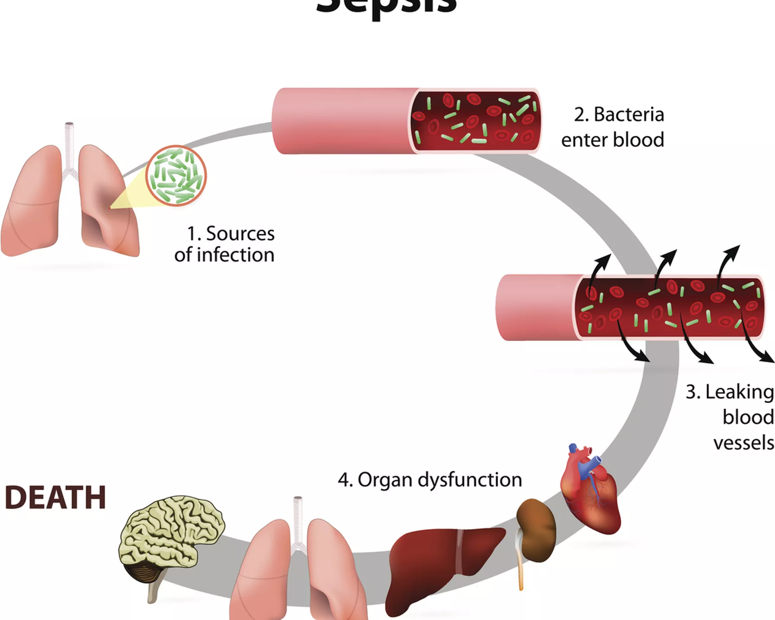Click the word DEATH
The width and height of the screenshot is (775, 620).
55,497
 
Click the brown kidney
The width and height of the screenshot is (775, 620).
537,530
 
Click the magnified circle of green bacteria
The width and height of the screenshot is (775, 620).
176,176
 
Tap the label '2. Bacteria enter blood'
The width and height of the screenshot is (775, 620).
613,127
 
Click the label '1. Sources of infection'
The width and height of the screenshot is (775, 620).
225,244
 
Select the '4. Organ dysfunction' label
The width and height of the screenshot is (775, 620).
430,480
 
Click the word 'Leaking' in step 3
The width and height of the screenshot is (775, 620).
740,393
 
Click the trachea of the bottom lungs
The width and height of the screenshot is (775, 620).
298,519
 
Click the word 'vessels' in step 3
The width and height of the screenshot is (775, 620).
744,443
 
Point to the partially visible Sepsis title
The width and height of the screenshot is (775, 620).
386,6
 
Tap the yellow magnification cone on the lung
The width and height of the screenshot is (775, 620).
130,195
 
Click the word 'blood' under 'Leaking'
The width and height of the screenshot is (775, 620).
748,418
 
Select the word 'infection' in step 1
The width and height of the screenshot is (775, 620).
236,255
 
